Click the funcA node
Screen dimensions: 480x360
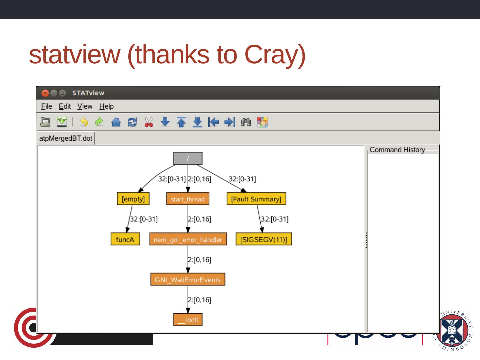tap(125, 239)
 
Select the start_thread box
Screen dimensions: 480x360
tap(188, 199)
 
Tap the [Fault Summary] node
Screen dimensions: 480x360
tap(256, 199)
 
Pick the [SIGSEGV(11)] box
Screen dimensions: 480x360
tap(263, 239)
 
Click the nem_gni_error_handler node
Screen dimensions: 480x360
tap(188, 239)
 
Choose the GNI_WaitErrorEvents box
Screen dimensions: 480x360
tap(188, 280)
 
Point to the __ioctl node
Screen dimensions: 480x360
tap(188, 320)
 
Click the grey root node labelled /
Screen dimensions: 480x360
tap(188, 159)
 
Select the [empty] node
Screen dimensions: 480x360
tap(133, 199)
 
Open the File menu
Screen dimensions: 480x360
tap(46, 106)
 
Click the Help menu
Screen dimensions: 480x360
tap(106, 106)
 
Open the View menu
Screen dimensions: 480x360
tap(85, 106)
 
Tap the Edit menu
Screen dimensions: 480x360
tap(65, 106)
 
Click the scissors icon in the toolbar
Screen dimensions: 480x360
tap(149, 122)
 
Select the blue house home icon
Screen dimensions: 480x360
tap(116, 122)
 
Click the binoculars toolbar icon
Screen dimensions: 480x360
tap(246, 122)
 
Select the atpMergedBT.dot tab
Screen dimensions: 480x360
tap(66, 138)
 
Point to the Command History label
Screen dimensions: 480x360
tap(397, 150)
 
